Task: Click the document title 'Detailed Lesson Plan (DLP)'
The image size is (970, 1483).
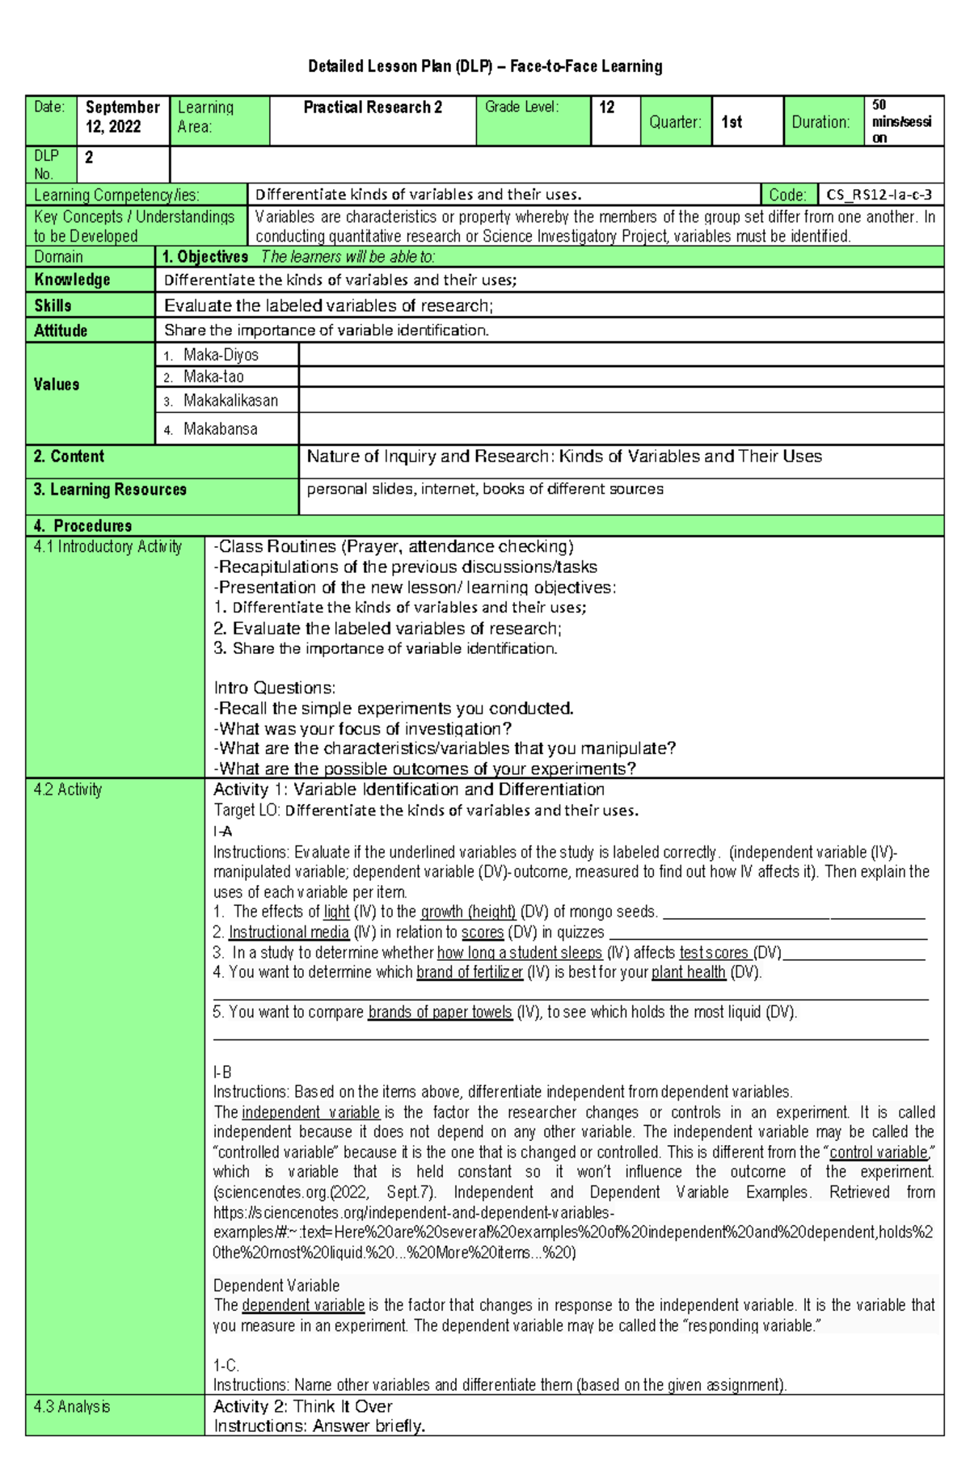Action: tap(485, 66)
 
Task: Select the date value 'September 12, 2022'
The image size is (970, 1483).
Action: tap(122, 117)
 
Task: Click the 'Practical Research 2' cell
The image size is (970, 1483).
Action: tap(373, 107)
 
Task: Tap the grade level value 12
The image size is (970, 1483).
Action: tap(607, 107)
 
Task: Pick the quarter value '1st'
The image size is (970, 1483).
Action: tap(732, 122)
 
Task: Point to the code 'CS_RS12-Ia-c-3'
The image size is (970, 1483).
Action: tap(879, 195)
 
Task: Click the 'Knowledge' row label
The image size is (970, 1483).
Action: tap(72, 280)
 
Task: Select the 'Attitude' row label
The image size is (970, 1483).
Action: tap(61, 331)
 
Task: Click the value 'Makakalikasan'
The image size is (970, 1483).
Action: tap(230, 401)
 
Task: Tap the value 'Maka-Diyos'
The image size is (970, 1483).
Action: tap(221, 355)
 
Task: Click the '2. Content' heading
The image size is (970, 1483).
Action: tap(69, 457)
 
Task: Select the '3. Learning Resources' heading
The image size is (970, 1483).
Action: tap(110, 490)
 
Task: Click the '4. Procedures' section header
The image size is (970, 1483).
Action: tap(82, 526)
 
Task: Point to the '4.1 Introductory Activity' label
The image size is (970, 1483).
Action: tap(108, 547)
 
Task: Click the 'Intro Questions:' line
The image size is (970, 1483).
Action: tap(274, 688)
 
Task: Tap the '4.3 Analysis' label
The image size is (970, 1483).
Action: tap(72, 1407)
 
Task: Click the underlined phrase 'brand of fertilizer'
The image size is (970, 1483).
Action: tap(470, 972)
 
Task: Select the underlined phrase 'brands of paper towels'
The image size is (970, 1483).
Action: tap(440, 1012)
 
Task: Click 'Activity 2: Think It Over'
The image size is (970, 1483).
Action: tap(302, 1407)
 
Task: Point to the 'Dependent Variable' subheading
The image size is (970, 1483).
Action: tap(276, 1285)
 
